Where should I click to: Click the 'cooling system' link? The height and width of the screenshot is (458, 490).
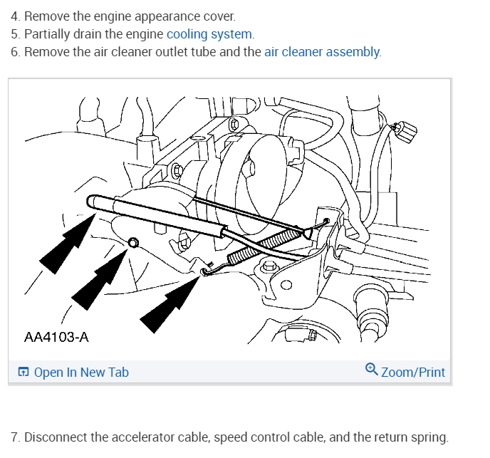click(x=209, y=33)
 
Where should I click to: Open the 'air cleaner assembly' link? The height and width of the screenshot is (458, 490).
click(x=322, y=52)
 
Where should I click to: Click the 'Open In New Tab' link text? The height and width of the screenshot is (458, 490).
click(x=81, y=372)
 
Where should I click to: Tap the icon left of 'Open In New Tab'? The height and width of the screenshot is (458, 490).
click(x=24, y=372)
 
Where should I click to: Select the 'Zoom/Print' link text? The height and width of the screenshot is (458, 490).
click(x=413, y=372)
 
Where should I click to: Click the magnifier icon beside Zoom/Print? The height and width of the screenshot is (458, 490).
click(x=371, y=370)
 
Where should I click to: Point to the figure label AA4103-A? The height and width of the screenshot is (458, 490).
click(x=56, y=336)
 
